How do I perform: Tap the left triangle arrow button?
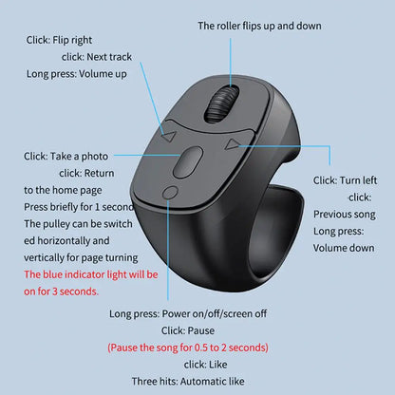168,137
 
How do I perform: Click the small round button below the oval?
170,194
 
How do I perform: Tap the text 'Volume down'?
344,248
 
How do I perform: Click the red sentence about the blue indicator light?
91,283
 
